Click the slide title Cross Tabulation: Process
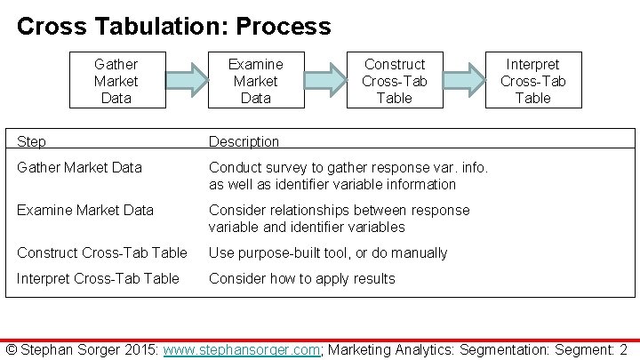pos(173,26)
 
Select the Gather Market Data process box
pos(116,81)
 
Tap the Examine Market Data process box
pos(255,81)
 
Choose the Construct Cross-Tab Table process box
pos(395,81)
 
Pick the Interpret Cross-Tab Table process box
pos(532,81)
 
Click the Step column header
pos(33,141)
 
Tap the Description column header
pos(244,141)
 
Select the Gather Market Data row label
pos(80,167)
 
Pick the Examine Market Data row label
pos(85,210)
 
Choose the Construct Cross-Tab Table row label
pos(102,252)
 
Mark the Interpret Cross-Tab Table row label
pos(98,278)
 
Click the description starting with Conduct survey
pos(348,175)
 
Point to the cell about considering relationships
pos(339,219)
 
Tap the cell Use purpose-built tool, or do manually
pos(328,252)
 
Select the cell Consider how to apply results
pos(301,278)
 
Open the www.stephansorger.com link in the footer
pos(241,349)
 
